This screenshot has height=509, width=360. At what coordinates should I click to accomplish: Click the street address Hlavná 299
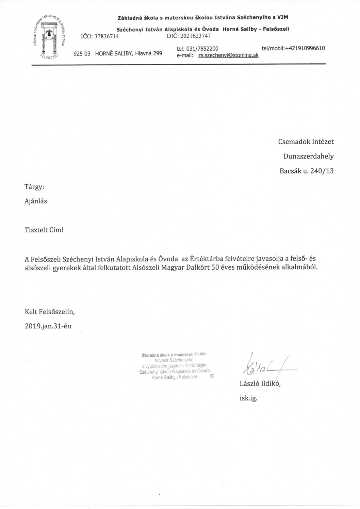149,53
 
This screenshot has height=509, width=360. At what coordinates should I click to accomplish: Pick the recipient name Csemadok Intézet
306,142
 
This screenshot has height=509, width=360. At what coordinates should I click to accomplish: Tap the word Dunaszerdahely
309,156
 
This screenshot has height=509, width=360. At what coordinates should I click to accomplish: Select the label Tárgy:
34,187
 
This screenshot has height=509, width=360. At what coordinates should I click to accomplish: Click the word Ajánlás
36,201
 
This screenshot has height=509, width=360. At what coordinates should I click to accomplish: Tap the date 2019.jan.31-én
48,325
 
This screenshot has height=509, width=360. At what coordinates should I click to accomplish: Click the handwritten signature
265,367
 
